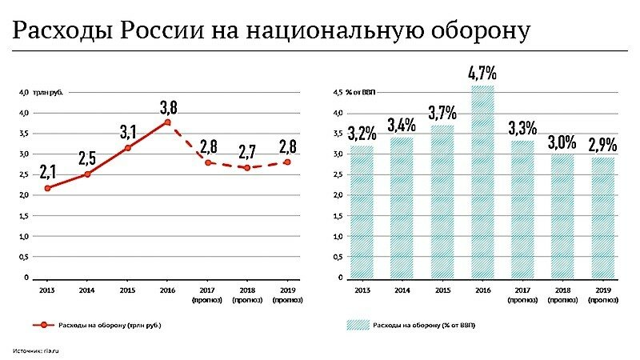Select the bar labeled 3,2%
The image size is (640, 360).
[362, 212]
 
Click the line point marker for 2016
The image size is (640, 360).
[167, 122]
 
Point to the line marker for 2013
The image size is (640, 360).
[48, 188]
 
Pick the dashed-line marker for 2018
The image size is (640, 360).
[247, 167]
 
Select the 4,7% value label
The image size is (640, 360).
[482, 73]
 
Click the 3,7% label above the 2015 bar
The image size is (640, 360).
[442, 112]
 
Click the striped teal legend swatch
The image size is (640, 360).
[360, 326]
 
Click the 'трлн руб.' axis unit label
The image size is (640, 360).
[50, 93]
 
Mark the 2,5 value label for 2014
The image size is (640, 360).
[87, 157]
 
